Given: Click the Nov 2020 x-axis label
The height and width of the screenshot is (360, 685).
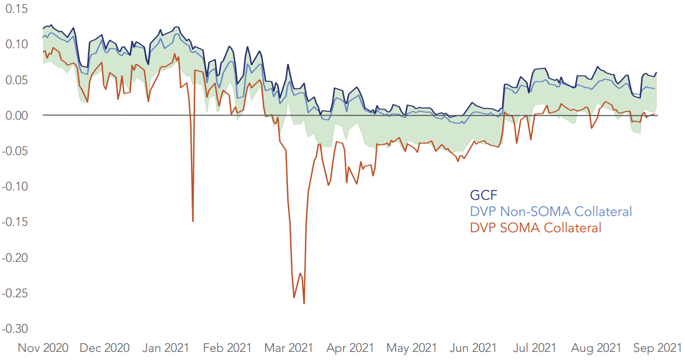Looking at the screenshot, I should coord(43,348).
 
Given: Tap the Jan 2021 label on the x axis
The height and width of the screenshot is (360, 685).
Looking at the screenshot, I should coord(165,348).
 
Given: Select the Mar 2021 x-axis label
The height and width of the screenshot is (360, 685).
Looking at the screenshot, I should coord(289,348).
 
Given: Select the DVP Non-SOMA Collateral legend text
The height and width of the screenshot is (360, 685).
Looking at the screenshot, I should coord(550,211).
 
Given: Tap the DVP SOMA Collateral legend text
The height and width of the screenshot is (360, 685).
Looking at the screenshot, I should coord(535,228).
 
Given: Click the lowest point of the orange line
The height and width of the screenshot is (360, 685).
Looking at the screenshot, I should coord(304,303).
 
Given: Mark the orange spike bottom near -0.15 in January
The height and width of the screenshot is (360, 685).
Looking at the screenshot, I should coord(193,221).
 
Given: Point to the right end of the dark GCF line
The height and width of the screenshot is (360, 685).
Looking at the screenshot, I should coord(657,73).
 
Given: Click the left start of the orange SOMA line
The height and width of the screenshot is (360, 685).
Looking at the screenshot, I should coord(44,52).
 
